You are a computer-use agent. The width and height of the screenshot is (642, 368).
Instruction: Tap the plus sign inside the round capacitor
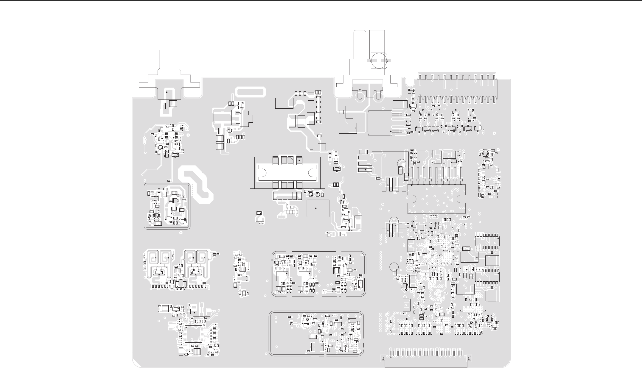(x=385, y=58)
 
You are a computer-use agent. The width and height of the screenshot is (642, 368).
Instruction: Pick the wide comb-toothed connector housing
(x=457, y=88)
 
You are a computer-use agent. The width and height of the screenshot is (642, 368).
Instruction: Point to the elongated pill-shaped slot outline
(x=250, y=92)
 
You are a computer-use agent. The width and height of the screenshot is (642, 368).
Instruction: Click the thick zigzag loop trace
(x=195, y=185)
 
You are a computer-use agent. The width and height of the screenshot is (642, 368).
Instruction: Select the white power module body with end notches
(x=287, y=173)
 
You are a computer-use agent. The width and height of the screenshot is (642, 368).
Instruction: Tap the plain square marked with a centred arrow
(x=318, y=208)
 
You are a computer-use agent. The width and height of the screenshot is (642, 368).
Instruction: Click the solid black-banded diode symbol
(x=174, y=201)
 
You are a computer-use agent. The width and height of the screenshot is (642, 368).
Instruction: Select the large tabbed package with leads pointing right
(x=380, y=123)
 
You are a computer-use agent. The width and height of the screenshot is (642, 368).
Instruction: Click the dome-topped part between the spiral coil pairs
(x=180, y=284)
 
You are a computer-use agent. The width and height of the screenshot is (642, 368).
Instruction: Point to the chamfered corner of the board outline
(x=136, y=364)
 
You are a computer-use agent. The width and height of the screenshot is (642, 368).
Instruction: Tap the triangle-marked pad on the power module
(x=299, y=160)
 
